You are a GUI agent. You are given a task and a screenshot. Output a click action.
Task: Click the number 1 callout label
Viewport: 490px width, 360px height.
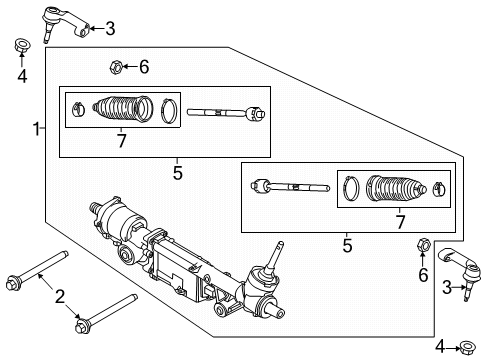coord(36,129)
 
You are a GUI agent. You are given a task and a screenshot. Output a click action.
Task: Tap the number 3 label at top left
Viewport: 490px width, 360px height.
coord(110,28)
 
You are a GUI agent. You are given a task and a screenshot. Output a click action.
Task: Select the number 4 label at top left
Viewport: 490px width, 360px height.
coord(21,73)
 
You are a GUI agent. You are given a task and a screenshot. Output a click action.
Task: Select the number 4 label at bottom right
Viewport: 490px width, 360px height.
coord(439,347)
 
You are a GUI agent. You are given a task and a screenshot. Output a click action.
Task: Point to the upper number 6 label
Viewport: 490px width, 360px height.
coord(144,67)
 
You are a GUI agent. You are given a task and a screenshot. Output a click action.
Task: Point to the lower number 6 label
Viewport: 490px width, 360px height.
coord(422,274)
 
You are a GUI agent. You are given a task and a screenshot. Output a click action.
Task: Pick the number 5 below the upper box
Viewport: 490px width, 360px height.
coord(177,173)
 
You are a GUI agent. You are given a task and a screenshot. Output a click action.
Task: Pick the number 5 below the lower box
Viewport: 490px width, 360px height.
coord(347,243)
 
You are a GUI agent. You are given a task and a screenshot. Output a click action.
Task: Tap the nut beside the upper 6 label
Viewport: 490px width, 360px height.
coord(116,68)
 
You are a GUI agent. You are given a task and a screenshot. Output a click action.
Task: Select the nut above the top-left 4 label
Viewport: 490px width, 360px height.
coord(21,45)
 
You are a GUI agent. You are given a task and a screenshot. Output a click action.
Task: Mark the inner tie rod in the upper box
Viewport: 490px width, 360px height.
coord(226,112)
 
